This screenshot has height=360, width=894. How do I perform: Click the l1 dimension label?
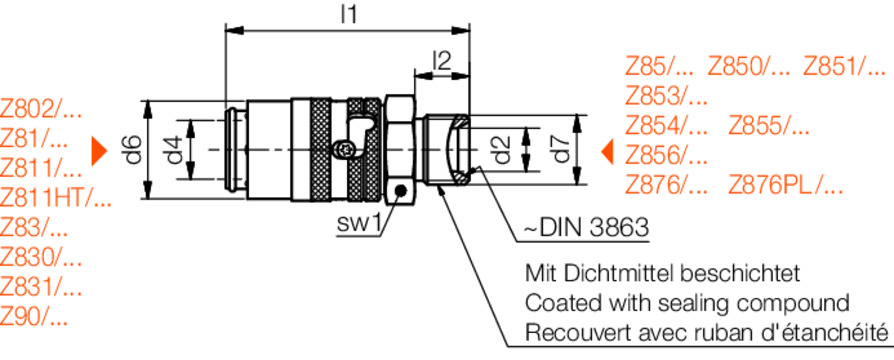pyautogui.click(x=348, y=14)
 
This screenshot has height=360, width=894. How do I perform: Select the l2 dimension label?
pyautogui.click(x=441, y=60)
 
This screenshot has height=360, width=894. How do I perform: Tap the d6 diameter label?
pyautogui.click(x=133, y=150)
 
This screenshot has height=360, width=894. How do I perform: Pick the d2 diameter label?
pyautogui.click(x=503, y=149)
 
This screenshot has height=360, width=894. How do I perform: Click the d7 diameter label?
pyautogui.click(x=563, y=149)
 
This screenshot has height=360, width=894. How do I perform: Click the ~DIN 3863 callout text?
pyautogui.click(x=587, y=228)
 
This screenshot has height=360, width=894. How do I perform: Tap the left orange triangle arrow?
pyautogui.click(x=99, y=151)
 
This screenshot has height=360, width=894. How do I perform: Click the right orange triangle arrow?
pyautogui.click(x=608, y=152)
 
